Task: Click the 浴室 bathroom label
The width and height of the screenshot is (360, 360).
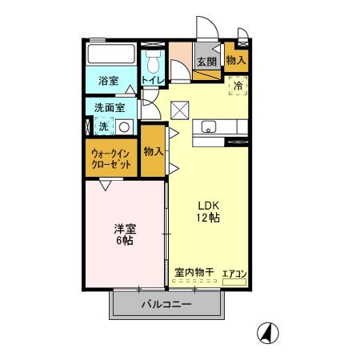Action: pyautogui.click(x=108, y=80)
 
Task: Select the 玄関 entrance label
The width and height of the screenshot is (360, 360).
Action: pyautogui.click(x=206, y=62)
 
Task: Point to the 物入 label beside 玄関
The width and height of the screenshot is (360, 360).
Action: pyautogui.click(x=235, y=60)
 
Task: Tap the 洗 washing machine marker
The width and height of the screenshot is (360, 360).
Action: pyautogui.click(x=102, y=126)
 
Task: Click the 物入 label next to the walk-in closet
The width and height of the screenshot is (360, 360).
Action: pyautogui.click(x=153, y=151)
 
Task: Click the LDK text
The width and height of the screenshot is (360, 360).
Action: pyautogui.click(x=209, y=203)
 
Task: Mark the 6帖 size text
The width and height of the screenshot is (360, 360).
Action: pyautogui.click(x=124, y=242)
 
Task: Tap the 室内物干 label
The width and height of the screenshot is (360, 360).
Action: pyautogui.click(x=194, y=273)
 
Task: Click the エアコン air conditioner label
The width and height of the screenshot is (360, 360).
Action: pyautogui.click(x=234, y=274)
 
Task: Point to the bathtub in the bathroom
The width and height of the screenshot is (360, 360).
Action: pyautogui.click(x=112, y=56)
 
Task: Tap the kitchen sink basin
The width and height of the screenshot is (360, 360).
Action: pyautogui.click(x=210, y=126)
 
